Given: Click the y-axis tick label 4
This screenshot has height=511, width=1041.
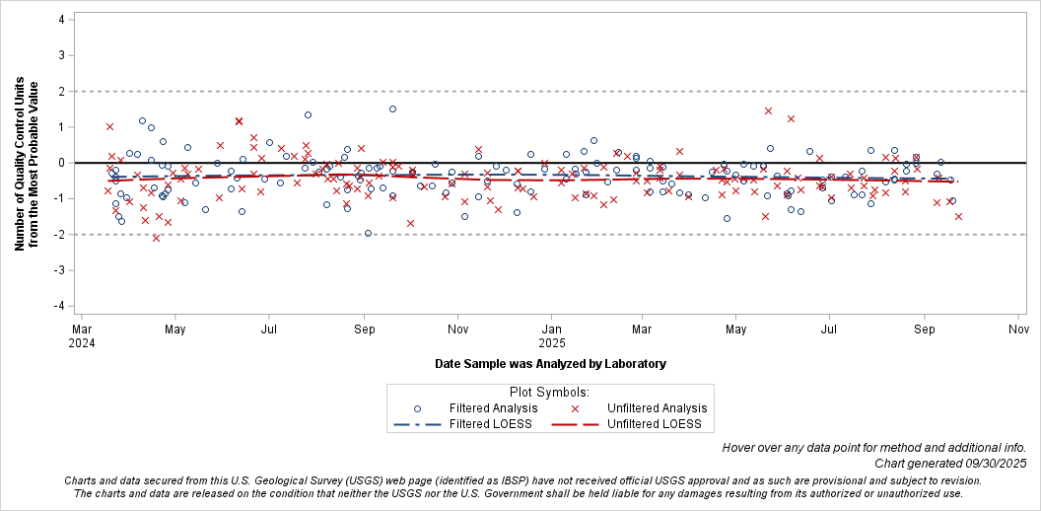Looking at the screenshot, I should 61,19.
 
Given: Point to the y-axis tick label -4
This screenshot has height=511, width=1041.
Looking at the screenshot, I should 59,306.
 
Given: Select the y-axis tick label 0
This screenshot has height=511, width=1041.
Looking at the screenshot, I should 61,163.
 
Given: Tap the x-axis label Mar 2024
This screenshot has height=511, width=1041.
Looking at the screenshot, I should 83,335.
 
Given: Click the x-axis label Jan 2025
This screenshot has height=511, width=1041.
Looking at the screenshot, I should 552,335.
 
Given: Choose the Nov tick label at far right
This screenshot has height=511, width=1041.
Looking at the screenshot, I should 1017,328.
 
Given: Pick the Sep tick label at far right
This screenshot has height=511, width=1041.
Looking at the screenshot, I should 924,328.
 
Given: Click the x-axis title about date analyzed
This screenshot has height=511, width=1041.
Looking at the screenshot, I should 550,364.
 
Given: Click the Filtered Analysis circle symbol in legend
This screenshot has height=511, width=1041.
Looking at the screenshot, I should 417,408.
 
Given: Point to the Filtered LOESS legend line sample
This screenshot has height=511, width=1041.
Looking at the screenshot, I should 417,425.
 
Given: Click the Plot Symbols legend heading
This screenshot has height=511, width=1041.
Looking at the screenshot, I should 550,391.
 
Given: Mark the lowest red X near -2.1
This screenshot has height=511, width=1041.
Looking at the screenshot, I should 156,238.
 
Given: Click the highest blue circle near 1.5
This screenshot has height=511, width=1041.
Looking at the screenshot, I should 392,109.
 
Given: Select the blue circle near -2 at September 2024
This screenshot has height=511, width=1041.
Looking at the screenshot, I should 368,234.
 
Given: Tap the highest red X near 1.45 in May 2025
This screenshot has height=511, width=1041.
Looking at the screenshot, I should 768,110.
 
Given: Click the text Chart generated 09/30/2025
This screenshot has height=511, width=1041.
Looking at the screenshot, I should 950,464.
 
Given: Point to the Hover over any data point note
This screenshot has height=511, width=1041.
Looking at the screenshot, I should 874,447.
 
